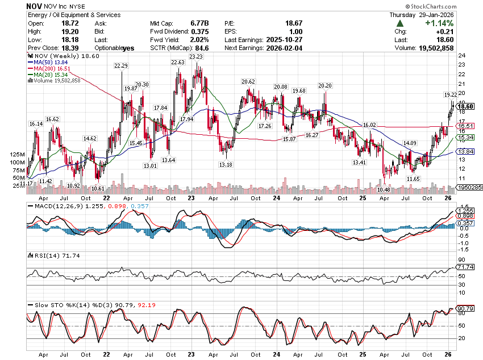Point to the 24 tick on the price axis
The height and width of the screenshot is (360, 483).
[x=462, y=56]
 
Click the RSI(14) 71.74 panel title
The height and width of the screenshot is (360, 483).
[x=47, y=255]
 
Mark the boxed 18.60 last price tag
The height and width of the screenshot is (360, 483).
[x=465, y=106]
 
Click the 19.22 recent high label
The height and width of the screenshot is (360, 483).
[x=450, y=94]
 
